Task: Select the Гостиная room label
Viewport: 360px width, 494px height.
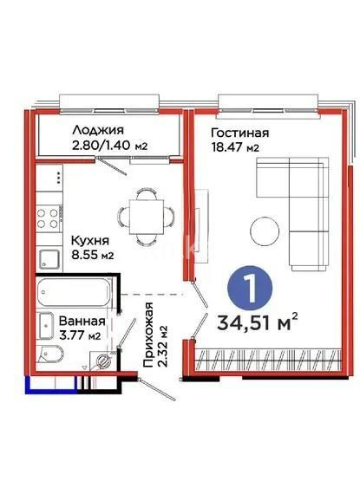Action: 240,133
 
